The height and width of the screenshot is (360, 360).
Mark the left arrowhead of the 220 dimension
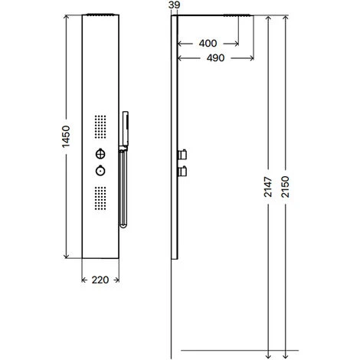point(83,280)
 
